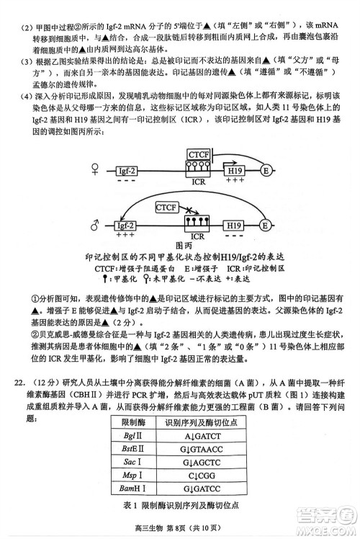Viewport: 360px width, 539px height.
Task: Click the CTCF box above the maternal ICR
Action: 197,154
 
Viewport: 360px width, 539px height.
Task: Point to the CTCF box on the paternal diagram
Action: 167,208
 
